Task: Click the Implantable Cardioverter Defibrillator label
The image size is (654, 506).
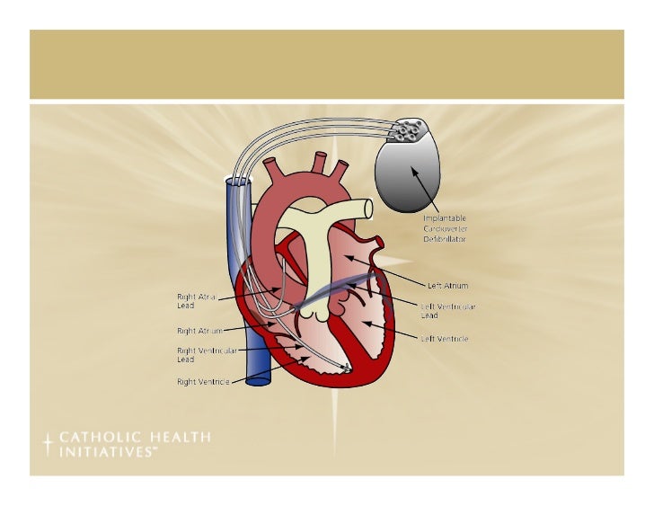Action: click(445, 228)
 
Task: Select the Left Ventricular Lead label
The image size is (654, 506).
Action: click(448, 311)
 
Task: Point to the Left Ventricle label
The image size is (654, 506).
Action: click(445, 339)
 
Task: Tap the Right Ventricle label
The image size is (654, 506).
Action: click(203, 382)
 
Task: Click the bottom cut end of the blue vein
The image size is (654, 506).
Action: click(258, 379)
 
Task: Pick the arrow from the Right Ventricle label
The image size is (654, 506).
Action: click(270, 369)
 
